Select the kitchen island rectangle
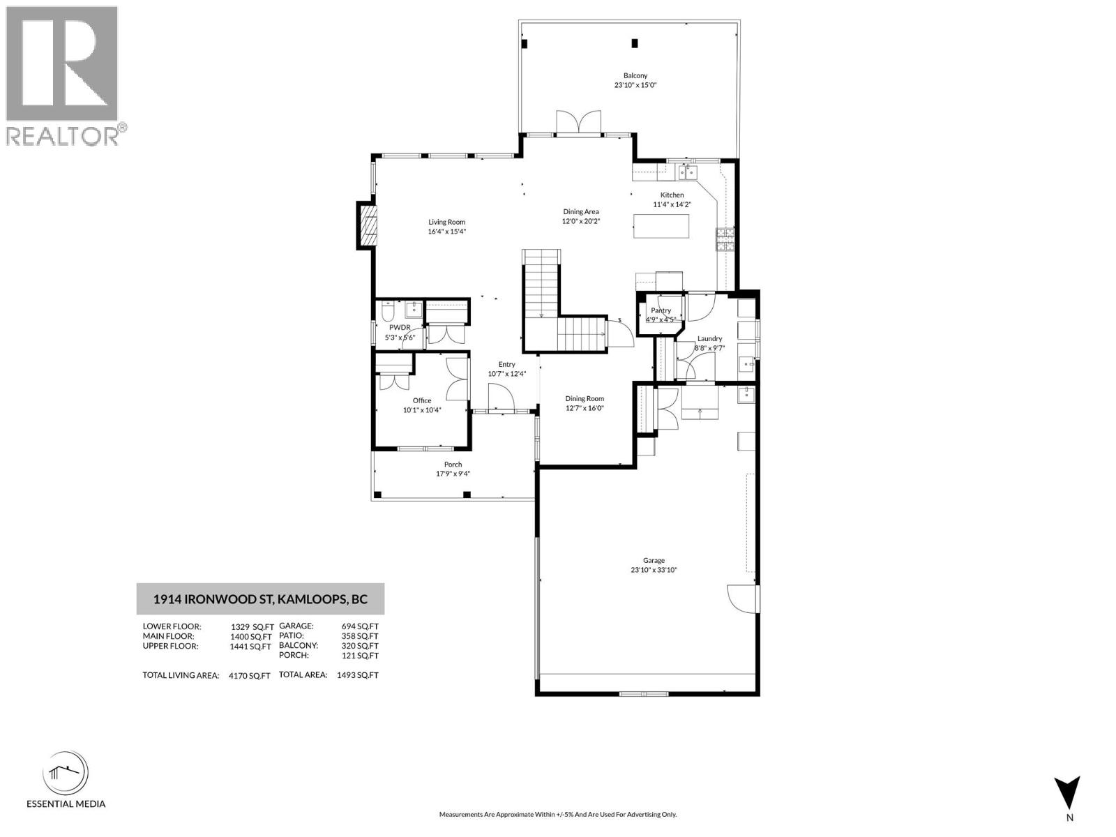[661, 226]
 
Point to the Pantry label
[661, 310]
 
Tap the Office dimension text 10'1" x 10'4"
[422, 410]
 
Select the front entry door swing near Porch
[502, 400]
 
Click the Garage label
[654, 560]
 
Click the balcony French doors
[578, 122]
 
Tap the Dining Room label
[585, 399]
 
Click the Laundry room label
[709, 339]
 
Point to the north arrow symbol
[1067, 794]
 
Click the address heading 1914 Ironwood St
[260, 599]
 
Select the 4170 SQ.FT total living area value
[249, 676]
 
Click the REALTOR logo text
[63, 136]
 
